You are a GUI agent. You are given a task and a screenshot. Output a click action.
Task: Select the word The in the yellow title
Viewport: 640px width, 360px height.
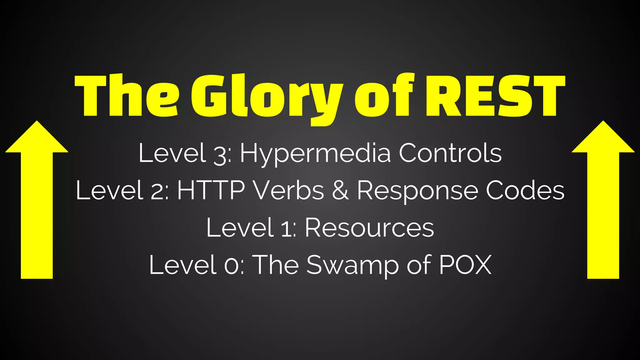[127, 96]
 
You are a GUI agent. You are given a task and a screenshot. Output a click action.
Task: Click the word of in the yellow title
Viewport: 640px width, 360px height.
[384, 95]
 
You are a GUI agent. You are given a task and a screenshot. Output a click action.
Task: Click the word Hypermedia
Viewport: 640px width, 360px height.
[315, 154]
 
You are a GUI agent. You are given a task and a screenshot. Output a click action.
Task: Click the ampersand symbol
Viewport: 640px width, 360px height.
[340, 190]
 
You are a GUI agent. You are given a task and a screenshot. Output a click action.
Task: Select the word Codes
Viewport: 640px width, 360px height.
[525, 190]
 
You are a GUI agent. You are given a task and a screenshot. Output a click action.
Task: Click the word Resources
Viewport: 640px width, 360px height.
[369, 227]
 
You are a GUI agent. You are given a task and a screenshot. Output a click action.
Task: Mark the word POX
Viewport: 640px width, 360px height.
[465, 265]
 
